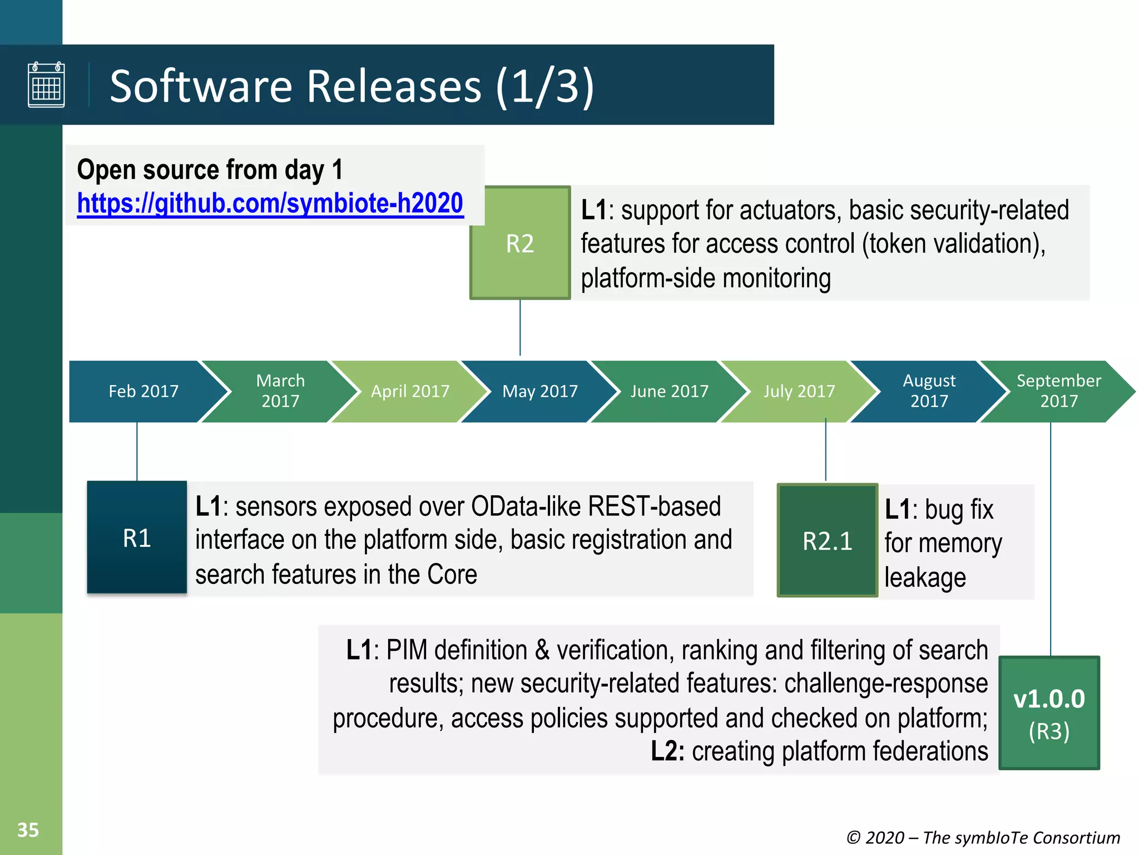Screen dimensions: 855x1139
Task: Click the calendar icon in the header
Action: click(x=46, y=85)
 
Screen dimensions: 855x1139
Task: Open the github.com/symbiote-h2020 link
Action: click(x=270, y=203)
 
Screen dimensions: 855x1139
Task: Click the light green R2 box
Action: click(x=520, y=243)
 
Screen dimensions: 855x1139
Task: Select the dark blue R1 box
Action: click(x=137, y=538)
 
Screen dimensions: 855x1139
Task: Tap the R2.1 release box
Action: click(x=827, y=541)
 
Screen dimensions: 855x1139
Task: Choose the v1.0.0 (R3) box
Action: click(x=1049, y=713)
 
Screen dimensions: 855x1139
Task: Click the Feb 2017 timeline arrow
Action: click(x=143, y=391)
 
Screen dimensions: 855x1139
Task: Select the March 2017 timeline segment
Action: click(x=280, y=391)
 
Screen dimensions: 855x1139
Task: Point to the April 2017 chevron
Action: click(x=410, y=391)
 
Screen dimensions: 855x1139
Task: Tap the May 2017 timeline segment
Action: click(x=540, y=391)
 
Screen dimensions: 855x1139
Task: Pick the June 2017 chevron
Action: click(x=670, y=391)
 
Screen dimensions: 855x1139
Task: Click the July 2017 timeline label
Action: click(x=799, y=391)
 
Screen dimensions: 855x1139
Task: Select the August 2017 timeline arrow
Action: click(x=929, y=391)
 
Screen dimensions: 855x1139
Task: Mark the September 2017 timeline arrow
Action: click(x=1058, y=391)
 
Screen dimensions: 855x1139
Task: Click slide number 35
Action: click(x=28, y=830)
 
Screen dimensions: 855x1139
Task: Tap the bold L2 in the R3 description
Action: click(x=667, y=751)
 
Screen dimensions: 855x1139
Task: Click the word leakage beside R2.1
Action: click(x=925, y=578)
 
